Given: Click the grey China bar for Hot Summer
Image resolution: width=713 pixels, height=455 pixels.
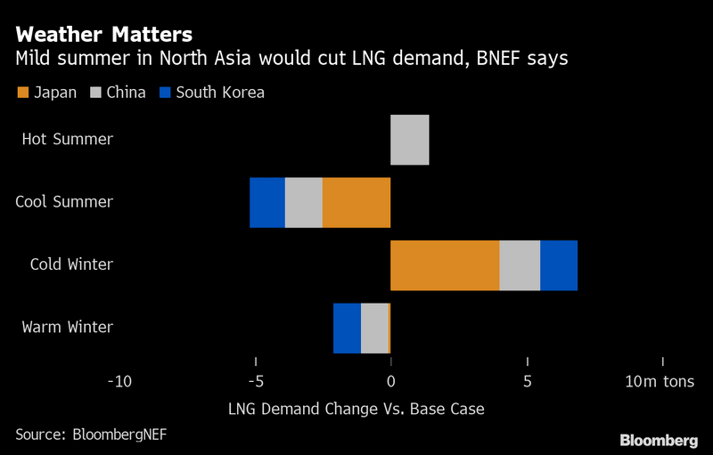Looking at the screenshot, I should (410, 140).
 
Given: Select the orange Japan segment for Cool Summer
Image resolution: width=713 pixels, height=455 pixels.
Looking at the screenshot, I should (356, 203).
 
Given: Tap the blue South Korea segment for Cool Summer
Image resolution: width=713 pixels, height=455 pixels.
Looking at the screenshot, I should (267, 203).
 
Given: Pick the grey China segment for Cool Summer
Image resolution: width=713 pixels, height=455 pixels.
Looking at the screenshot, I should (303, 203).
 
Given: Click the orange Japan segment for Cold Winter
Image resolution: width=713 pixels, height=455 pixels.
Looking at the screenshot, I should (445, 265).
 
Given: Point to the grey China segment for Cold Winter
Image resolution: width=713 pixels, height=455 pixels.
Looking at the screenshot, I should (520, 265).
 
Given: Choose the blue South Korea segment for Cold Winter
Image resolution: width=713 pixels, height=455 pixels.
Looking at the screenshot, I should (559, 265).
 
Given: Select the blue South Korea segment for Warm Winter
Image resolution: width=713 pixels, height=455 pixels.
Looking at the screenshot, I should (347, 328).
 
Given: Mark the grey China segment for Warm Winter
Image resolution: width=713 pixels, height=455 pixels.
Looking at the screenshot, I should (374, 328).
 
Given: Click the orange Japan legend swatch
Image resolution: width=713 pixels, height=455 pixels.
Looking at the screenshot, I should (22, 93).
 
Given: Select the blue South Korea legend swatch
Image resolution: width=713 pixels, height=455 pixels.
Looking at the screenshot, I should (164, 93).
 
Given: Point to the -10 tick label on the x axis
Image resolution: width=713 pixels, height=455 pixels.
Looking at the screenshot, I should (119, 382).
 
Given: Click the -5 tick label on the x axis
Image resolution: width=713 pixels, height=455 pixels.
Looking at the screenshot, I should (255, 382).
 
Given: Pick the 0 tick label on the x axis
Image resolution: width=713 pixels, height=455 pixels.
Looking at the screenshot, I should (391, 382).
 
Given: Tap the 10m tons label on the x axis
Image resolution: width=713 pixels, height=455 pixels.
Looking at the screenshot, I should (660, 382).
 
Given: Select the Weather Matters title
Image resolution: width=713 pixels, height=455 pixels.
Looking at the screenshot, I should (103, 36).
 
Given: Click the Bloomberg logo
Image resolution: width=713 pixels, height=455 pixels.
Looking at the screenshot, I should (659, 440).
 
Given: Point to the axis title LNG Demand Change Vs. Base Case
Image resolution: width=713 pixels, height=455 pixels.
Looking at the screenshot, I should (356, 409).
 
